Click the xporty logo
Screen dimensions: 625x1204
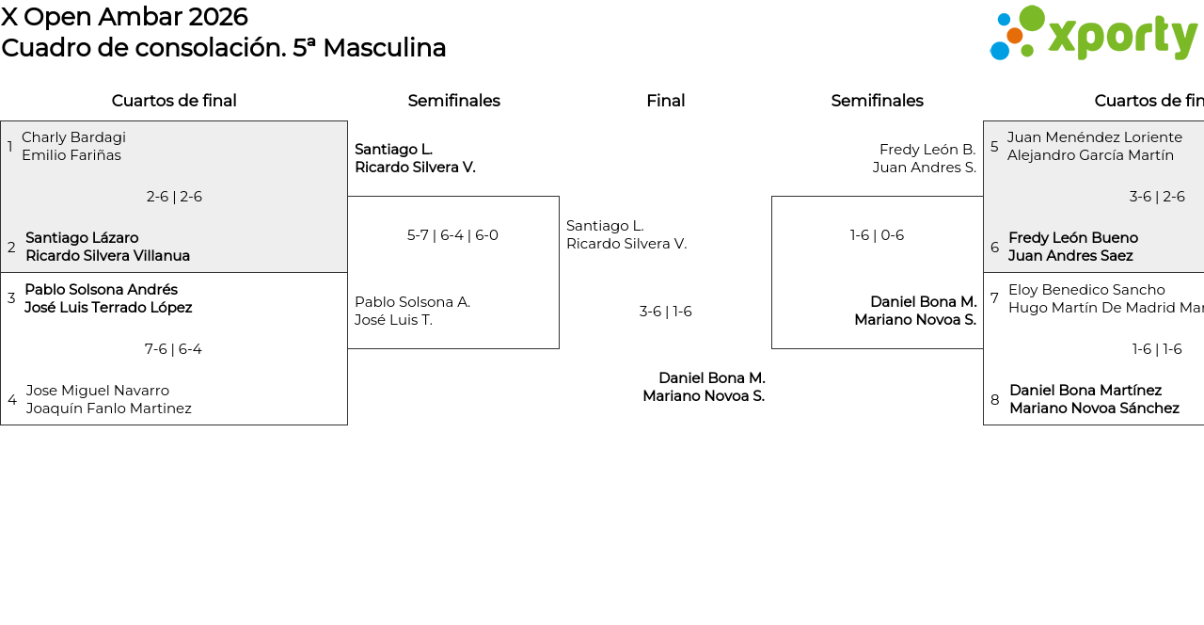[x=1093, y=33]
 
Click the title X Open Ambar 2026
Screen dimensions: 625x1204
[x=124, y=17]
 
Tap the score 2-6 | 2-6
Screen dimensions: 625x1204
[x=174, y=197]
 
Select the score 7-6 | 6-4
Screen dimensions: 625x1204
[x=173, y=349]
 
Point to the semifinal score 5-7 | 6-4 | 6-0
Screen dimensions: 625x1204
[x=452, y=235]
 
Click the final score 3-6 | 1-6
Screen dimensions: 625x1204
[x=665, y=312]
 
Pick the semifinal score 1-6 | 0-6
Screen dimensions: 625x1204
[x=877, y=235]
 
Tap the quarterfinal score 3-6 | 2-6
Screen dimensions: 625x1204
[x=1157, y=197]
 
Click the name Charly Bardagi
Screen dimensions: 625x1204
[x=73, y=137]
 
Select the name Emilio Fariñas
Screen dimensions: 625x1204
[x=71, y=155]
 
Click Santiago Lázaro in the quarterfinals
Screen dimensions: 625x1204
[x=82, y=238]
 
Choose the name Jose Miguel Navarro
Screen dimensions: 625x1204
[x=98, y=391]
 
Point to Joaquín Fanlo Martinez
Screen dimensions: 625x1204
[x=109, y=409]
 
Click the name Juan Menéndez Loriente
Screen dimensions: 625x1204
[x=1095, y=137]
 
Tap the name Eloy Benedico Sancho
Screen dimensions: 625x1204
[x=1086, y=290]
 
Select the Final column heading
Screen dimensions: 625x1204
[x=665, y=101]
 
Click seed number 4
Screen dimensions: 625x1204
[x=11, y=400]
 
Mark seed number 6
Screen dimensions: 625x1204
[x=994, y=248]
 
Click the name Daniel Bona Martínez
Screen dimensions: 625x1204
[x=1085, y=391]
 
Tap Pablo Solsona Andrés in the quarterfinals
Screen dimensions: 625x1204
[x=101, y=290]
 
